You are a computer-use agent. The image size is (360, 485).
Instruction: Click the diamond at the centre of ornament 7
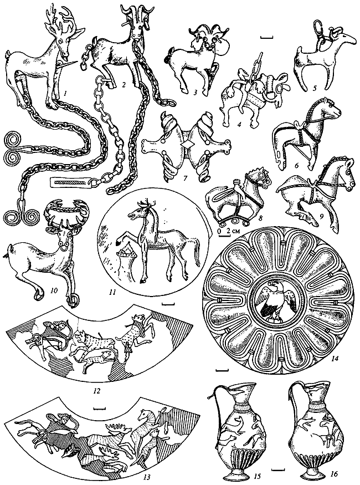tap(188, 145)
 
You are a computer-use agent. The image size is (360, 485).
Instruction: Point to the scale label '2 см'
tap(233, 231)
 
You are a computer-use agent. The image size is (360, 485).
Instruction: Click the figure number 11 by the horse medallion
tap(112, 292)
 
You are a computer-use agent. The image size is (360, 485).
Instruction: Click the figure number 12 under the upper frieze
tap(97, 391)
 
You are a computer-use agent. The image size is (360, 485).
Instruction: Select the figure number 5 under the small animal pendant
tap(315, 88)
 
